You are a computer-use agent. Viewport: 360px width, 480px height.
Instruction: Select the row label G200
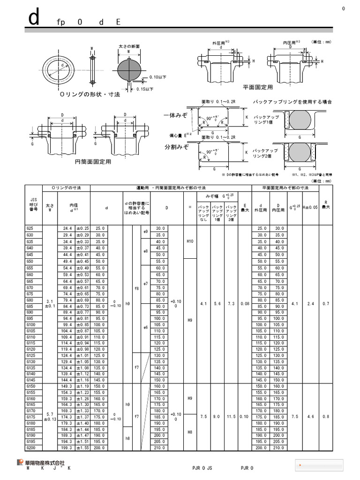click(x=31, y=448)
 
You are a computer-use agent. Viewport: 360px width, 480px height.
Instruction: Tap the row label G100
click(x=31, y=324)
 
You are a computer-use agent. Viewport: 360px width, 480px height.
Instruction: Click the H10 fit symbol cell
click(x=190, y=241)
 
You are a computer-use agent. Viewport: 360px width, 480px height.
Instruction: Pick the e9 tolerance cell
click(x=145, y=232)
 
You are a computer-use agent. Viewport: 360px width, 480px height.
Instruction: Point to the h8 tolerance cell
click(x=128, y=438)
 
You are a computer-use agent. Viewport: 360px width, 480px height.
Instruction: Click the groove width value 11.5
click(x=231, y=416)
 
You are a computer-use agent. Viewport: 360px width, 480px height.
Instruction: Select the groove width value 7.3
click(x=231, y=304)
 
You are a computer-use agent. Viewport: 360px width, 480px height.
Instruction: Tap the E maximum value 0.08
click(x=245, y=304)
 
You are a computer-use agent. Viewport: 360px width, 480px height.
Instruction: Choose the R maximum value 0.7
click(x=326, y=304)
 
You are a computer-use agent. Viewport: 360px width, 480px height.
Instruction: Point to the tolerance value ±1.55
click(x=82, y=448)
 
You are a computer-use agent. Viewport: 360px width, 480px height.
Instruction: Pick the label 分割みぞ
click(x=176, y=147)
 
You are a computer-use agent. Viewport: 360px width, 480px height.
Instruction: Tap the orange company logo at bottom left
click(x=21, y=462)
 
